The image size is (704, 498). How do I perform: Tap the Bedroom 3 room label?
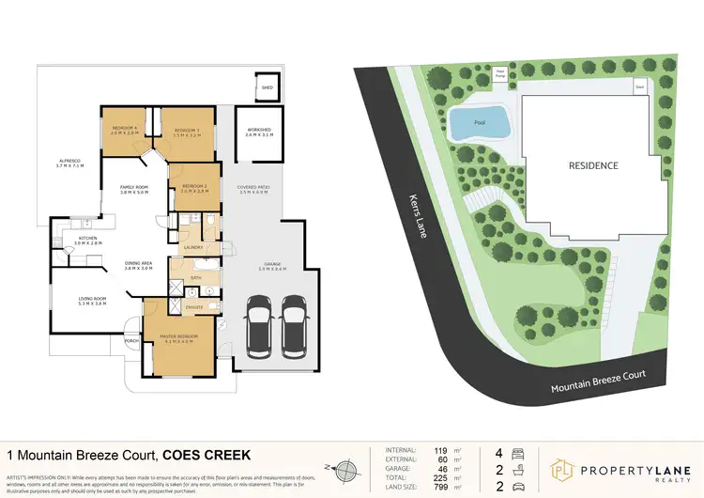[185, 131]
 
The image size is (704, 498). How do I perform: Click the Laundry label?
[194, 248]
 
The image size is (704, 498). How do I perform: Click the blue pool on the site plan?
[479, 122]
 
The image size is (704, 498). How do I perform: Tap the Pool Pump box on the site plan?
[501, 70]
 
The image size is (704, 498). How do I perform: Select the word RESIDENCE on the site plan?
[593, 165]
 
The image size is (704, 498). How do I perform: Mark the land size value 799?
[436, 485]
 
